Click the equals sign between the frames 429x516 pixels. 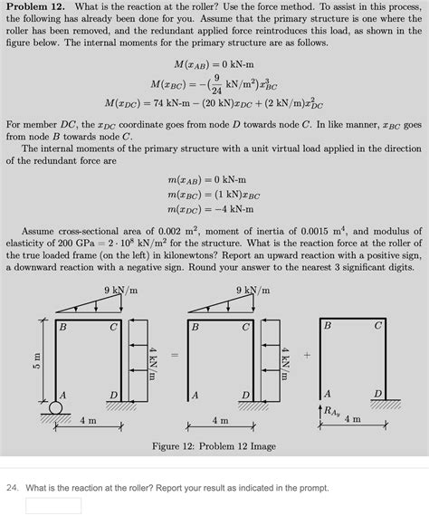pyautogui.click(x=175, y=355)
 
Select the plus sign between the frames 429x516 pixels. pyautogui.click(x=307, y=355)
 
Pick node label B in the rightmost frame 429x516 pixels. pyautogui.click(x=328, y=325)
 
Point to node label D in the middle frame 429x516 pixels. pyautogui.click(x=244, y=395)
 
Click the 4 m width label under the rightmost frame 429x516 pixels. pyautogui.click(x=352, y=420)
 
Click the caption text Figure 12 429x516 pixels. pyautogui.click(x=214, y=446)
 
